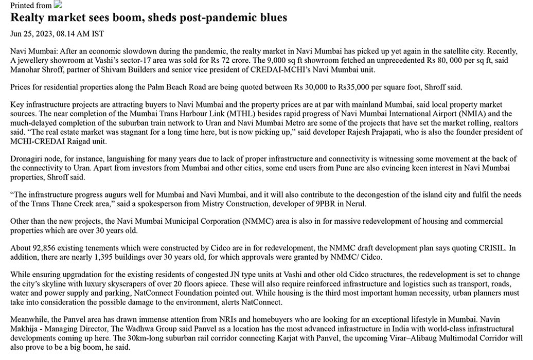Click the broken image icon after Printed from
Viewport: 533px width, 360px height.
click(58, 5)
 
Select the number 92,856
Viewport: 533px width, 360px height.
click(45, 248)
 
